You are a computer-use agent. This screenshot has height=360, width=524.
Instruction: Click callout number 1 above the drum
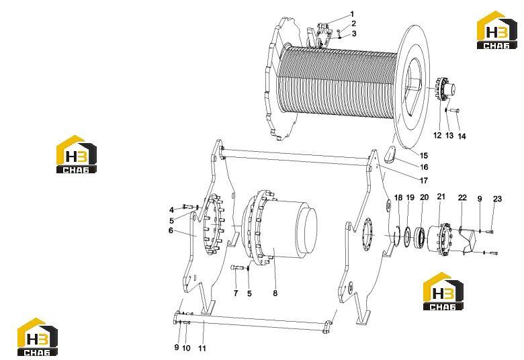point(351,14)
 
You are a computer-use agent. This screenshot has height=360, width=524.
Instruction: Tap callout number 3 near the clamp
point(354,34)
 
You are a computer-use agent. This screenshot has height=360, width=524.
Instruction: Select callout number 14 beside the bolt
point(462,136)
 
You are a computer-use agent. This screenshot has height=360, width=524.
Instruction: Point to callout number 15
point(424,155)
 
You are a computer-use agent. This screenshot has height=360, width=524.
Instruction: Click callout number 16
point(424,167)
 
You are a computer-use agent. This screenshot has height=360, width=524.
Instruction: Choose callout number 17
point(424,181)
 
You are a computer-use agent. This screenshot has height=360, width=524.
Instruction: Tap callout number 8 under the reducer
point(275,293)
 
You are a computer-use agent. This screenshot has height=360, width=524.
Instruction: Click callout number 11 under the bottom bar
point(202,349)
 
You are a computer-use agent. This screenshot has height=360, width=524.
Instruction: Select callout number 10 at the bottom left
point(186,348)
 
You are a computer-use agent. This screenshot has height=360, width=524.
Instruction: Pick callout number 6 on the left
point(171,230)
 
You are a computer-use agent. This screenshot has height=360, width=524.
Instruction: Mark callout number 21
point(441,197)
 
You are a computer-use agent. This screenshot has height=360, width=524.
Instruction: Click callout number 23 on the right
point(498,199)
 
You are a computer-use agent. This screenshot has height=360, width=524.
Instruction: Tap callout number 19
point(410,197)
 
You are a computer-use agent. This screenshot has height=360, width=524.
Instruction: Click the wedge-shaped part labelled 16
point(390,153)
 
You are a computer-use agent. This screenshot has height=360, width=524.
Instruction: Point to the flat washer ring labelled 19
point(407,237)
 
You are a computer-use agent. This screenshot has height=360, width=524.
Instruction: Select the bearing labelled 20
point(420,237)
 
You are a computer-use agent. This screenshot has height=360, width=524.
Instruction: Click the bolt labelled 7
point(237,267)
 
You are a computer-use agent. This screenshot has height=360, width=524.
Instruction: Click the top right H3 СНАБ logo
point(496,30)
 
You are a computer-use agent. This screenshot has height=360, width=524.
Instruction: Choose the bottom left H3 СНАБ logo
point(38,336)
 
